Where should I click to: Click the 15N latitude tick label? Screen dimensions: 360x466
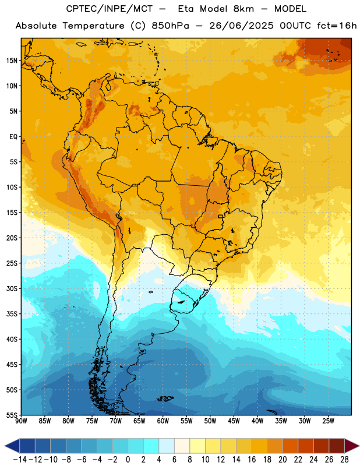coord(12,61)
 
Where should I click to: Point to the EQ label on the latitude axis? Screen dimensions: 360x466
coord(13,137)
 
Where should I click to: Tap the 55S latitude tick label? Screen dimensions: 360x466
coord(12,415)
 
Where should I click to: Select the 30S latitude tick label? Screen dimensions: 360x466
coord(12,288)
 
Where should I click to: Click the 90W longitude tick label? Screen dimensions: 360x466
coord(22,421)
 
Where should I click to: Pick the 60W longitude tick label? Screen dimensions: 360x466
coord(163,421)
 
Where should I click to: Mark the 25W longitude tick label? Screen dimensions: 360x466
coord(328,421)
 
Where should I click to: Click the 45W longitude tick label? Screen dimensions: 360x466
coord(234,421)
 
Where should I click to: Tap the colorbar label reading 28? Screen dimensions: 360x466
coord(344,460)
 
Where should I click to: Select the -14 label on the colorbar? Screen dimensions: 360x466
coord(20,460)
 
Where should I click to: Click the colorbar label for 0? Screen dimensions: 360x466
coord(128,460)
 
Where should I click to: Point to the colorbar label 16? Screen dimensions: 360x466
coord(252,460)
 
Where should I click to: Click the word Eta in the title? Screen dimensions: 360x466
coord(186,9)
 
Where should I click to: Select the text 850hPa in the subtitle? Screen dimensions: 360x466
coord(170,26)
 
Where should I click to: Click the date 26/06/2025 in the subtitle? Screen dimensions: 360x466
coord(241,26)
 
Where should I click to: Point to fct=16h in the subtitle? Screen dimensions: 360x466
coord(337,26)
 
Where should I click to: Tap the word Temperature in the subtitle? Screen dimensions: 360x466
coord(93,26)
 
